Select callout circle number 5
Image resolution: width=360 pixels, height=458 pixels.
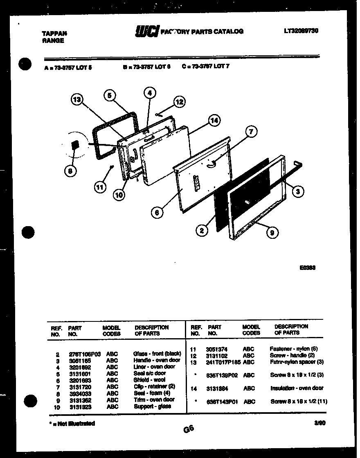coord(109,95)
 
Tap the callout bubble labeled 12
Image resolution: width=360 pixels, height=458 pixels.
coord(179,102)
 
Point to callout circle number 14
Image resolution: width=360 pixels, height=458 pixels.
coord(214,120)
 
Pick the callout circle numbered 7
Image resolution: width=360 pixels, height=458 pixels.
coord(251,132)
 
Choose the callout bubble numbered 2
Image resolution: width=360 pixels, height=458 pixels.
coord(201,231)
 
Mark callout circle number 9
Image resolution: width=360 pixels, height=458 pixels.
coord(272,233)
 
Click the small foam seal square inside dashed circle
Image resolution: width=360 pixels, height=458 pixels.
coord(74,145)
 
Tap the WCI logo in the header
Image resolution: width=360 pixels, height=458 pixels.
coord(146,31)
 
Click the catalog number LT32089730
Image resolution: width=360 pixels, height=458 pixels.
coord(301,31)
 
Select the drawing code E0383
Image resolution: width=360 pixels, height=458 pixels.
coord(307,268)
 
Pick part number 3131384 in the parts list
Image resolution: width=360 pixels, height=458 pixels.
coord(217,388)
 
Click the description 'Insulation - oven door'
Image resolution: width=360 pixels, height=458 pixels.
coord(297,388)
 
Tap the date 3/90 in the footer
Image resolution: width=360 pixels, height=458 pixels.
coord(319,424)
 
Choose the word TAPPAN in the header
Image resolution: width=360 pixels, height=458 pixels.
coord(54,34)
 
